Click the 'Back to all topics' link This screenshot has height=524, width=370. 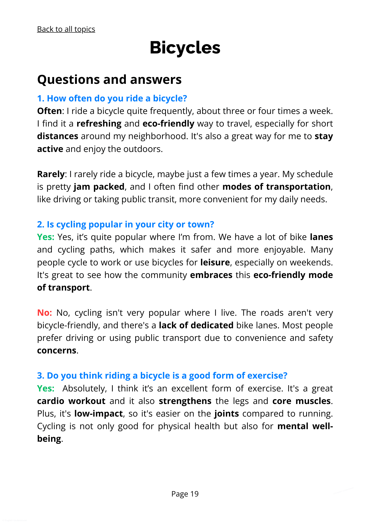tap(66, 29)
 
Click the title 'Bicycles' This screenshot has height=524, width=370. tap(185, 48)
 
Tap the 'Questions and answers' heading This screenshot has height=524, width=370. tap(109, 79)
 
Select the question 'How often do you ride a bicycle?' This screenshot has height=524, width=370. tap(112, 98)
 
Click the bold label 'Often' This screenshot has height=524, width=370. tap(49, 111)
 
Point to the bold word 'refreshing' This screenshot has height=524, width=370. tap(99, 123)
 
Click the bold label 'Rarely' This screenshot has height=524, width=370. tap(51, 174)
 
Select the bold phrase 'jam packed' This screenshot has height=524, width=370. tap(99, 187)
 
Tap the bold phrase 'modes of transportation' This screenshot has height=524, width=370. tap(276, 187)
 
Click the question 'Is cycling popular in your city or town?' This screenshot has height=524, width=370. tap(126, 224)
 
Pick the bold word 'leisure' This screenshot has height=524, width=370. tap(215, 262)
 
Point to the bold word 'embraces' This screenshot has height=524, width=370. tap(211, 275)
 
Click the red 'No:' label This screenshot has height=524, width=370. tap(44, 313)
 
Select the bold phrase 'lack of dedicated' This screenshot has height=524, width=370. tap(196, 325)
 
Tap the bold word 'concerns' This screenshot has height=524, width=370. tap(57, 350)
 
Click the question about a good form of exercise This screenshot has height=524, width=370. tap(162, 375)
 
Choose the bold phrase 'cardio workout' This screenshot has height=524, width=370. tap(71, 401)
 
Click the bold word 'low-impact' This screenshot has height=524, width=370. tap(99, 413)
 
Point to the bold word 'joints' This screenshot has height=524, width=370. tap(227, 413)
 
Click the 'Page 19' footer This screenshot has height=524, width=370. tap(185, 494)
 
